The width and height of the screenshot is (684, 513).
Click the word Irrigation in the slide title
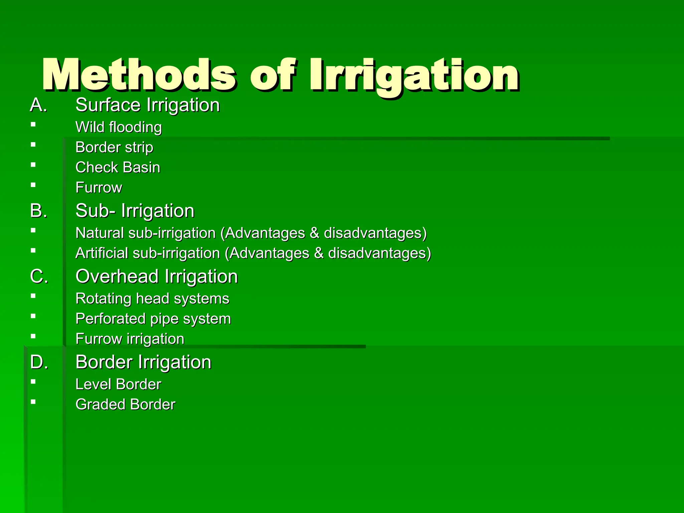[414, 75]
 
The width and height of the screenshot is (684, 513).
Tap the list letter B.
[38, 211]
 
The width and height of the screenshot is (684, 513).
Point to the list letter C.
[39, 277]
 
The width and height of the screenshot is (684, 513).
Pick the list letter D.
[39, 362]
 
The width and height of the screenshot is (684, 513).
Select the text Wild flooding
[119, 127]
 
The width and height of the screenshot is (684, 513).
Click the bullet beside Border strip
[33, 145]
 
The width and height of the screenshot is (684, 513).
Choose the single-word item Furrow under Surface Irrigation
[99, 187]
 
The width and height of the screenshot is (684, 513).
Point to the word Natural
[100, 233]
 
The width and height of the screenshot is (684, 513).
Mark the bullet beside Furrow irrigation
[33, 336]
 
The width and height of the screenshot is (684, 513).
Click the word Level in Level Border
[93, 384]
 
